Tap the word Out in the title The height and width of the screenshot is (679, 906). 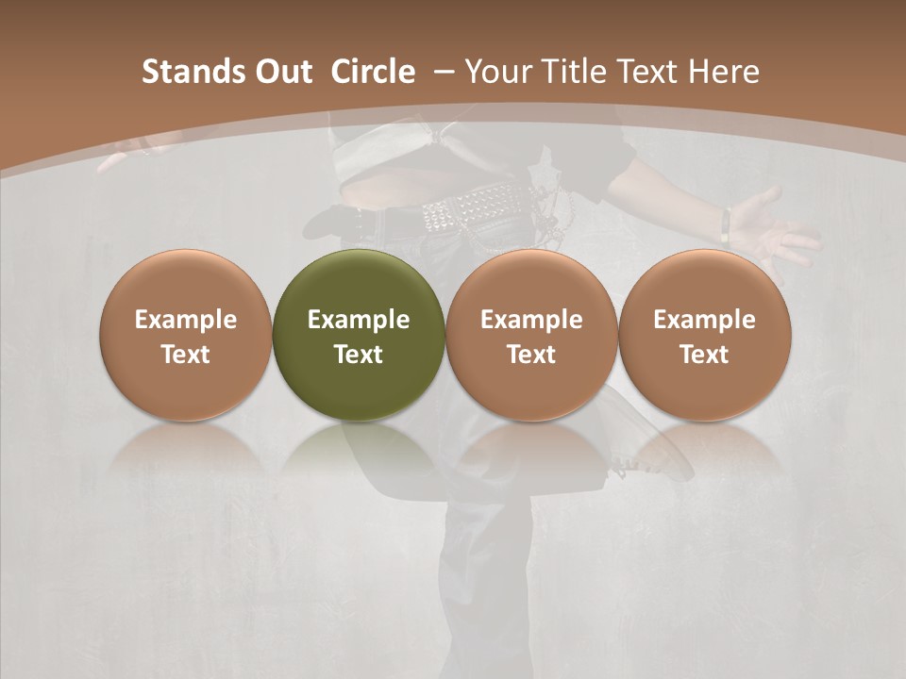tap(280, 72)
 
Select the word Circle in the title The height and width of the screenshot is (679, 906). tap(373, 72)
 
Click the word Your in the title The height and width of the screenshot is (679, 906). tap(496, 72)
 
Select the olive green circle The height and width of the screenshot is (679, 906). tap(358, 335)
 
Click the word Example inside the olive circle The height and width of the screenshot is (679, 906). tap(358, 320)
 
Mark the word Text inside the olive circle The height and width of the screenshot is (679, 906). tap(358, 355)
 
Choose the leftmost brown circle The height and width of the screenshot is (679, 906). tap(185, 335)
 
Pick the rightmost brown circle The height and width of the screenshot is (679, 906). tap(704, 335)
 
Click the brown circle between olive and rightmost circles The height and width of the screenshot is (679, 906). tap(531, 335)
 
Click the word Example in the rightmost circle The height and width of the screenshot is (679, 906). tap(704, 320)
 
